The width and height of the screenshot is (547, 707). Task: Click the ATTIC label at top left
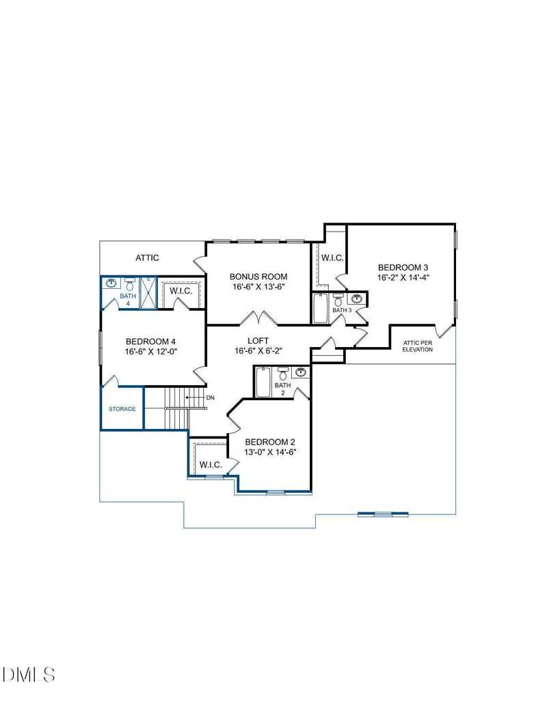click(147, 258)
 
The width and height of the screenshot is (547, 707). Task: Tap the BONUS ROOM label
click(258, 277)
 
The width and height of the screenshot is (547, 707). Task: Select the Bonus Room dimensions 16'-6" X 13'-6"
click(258, 287)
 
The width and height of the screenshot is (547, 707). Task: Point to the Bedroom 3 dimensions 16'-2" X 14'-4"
click(403, 277)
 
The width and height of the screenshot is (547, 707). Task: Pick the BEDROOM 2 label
click(270, 441)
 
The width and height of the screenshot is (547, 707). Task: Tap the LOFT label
click(258, 341)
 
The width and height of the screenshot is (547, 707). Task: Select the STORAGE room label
click(122, 409)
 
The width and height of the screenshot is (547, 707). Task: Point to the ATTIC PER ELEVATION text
click(417, 346)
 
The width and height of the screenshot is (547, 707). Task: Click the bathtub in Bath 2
click(263, 383)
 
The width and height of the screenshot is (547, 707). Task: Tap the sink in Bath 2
click(300, 372)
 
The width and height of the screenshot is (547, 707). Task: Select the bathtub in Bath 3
click(321, 308)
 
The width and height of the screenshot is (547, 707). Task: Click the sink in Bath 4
click(111, 282)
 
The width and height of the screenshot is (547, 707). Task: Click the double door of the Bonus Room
click(258, 318)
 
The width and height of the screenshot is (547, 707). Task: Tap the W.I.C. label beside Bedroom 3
click(332, 258)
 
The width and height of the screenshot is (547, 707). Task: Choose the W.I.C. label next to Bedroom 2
click(211, 465)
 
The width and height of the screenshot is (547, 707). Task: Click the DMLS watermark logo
click(29, 675)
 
